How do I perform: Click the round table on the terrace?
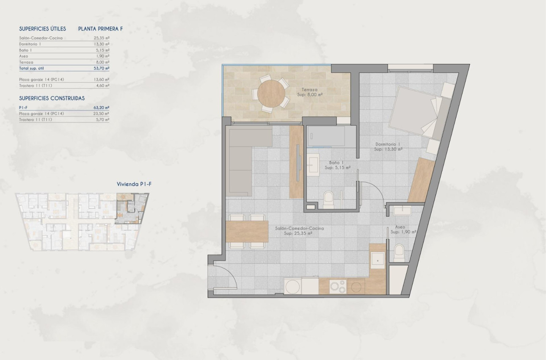coord(272,93)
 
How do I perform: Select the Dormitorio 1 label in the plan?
coord(388,147)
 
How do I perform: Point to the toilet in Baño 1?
coord(328,199)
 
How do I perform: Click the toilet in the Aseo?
coord(399,253)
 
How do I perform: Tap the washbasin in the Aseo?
coord(401,210)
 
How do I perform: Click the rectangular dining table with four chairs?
coord(248,231)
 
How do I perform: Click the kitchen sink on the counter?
coord(377,259)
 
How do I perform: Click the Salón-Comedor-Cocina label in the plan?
coord(299,230)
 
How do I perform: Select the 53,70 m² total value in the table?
coord(102,68)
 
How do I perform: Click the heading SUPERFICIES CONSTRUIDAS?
coord(52,98)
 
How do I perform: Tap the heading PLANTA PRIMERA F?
coord(100,29)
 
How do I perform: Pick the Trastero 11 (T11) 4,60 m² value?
coord(102,86)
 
